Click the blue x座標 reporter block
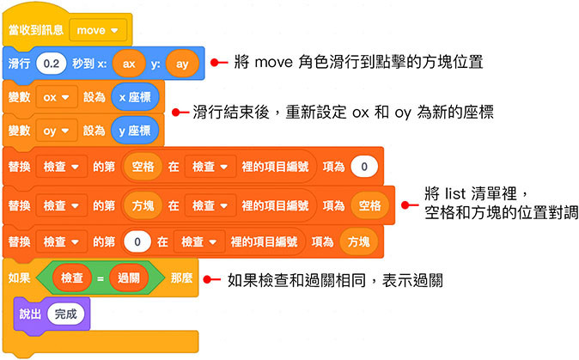(x=135, y=97)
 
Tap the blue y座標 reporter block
(x=135, y=131)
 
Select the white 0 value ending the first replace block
(x=364, y=166)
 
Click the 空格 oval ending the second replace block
(x=369, y=205)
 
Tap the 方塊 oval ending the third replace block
(x=359, y=241)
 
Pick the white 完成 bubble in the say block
(x=65, y=314)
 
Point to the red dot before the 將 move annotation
(x=220, y=62)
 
